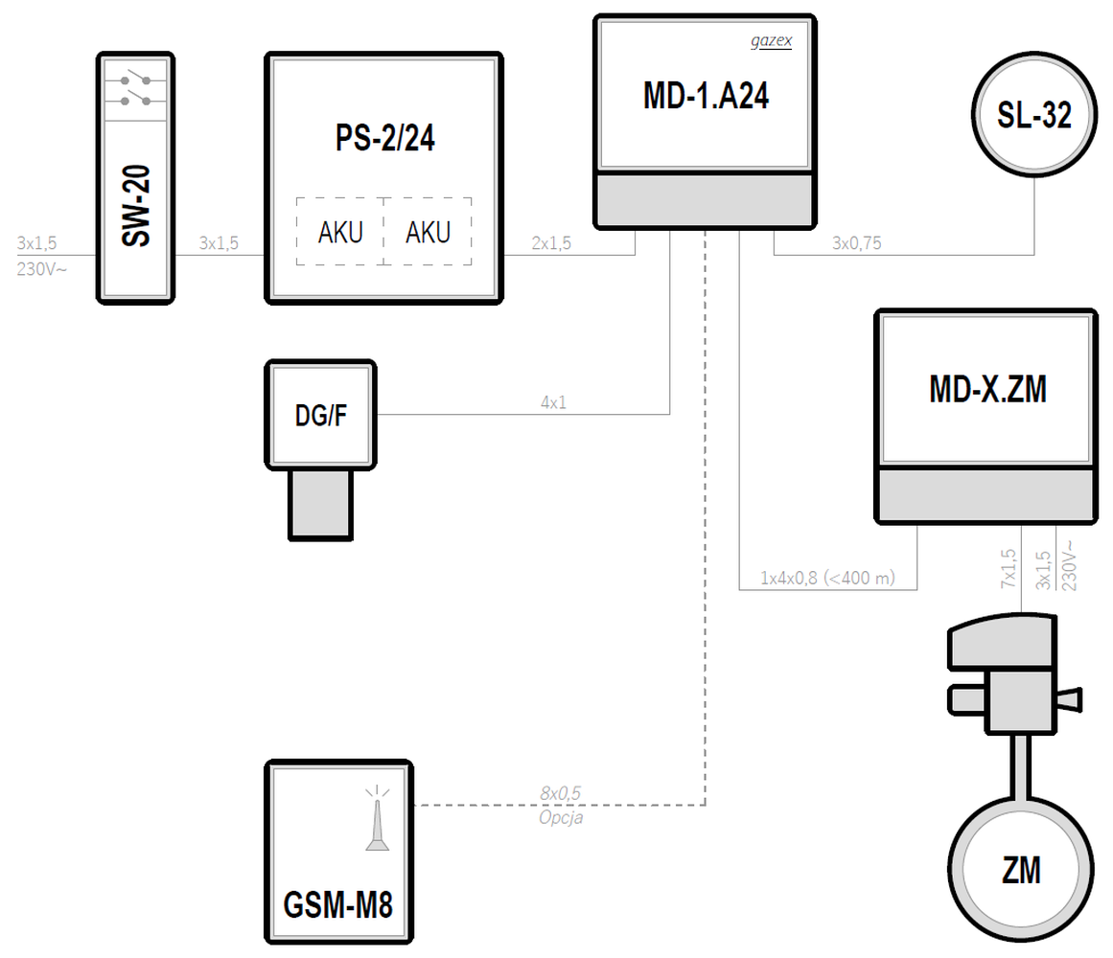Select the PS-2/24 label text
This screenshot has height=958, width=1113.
click(384, 139)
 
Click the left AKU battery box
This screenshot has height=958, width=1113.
click(340, 232)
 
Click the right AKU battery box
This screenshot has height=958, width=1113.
click(428, 232)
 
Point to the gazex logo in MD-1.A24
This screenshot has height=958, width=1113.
click(770, 42)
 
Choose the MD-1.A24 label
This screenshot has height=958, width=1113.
click(706, 95)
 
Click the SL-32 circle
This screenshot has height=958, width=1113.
click(1033, 115)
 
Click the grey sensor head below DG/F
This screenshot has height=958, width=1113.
click(320, 503)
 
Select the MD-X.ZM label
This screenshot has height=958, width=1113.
click(986, 389)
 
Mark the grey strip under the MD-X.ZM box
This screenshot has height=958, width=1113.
click(986, 495)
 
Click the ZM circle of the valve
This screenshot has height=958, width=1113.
click(1020, 871)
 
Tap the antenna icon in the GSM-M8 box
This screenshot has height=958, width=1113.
click(376, 821)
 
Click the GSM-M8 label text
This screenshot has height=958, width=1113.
click(338, 905)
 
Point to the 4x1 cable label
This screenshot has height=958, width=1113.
click(553, 403)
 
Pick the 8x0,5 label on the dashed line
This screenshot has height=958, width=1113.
click(561, 793)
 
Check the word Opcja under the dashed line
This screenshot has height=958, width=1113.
click(561, 817)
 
